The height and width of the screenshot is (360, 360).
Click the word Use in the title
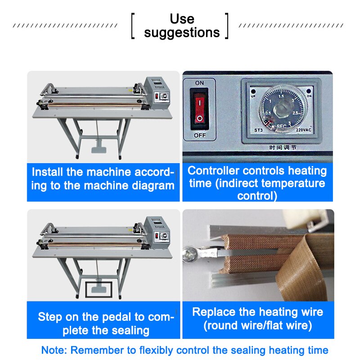(182, 19)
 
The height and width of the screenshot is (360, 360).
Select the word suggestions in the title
(182, 33)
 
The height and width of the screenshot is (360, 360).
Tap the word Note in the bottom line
(54, 350)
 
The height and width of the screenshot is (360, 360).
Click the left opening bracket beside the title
(133, 26)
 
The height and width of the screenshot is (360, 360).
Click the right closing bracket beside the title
(228, 26)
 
